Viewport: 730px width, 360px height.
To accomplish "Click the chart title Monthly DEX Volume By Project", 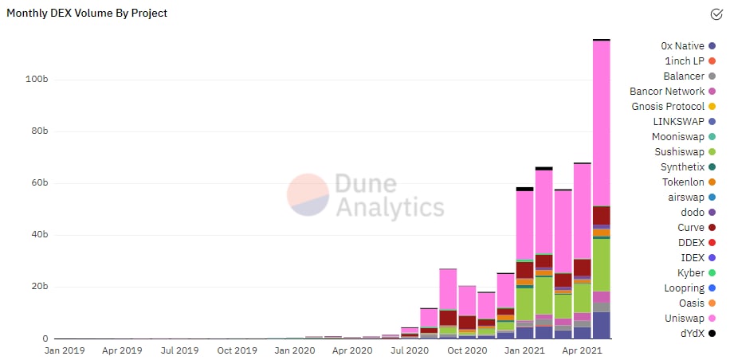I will pyautogui.click(x=87, y=14).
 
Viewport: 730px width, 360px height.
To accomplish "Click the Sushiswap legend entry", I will pyautogui.click(x=677, y=152).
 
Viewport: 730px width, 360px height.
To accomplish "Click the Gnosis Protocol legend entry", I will pyautogui.click(x=668, y=107).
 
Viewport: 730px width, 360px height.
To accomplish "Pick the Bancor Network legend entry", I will pyautogui.click(x=667, y=92).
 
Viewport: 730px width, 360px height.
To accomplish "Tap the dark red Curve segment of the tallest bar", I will pyautogui.click(x=602, y=215).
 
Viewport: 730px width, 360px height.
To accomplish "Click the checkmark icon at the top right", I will pyautogui.click(x=716, y=14).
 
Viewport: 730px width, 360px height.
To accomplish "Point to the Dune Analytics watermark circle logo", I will pyautogui.click(x=308, y=195).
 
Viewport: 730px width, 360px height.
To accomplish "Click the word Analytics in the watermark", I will pyautogui.click(x=390, y=208).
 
